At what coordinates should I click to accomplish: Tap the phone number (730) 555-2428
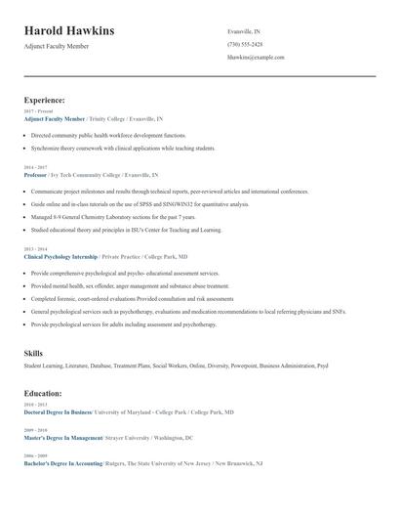click(x=244, y=44)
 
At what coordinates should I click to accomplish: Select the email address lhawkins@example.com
click(x=255, y=57)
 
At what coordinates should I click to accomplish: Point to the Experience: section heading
click(x=44, y=100)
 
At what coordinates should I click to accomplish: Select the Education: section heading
click(x=43, y=393)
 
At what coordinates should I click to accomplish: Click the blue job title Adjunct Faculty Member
click(x=55, y=117)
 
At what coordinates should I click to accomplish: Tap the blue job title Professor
click(x=36, y=174)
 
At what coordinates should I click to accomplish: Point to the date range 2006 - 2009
click(x=34, y=455)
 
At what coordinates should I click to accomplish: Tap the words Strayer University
click(x=129, y=438)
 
